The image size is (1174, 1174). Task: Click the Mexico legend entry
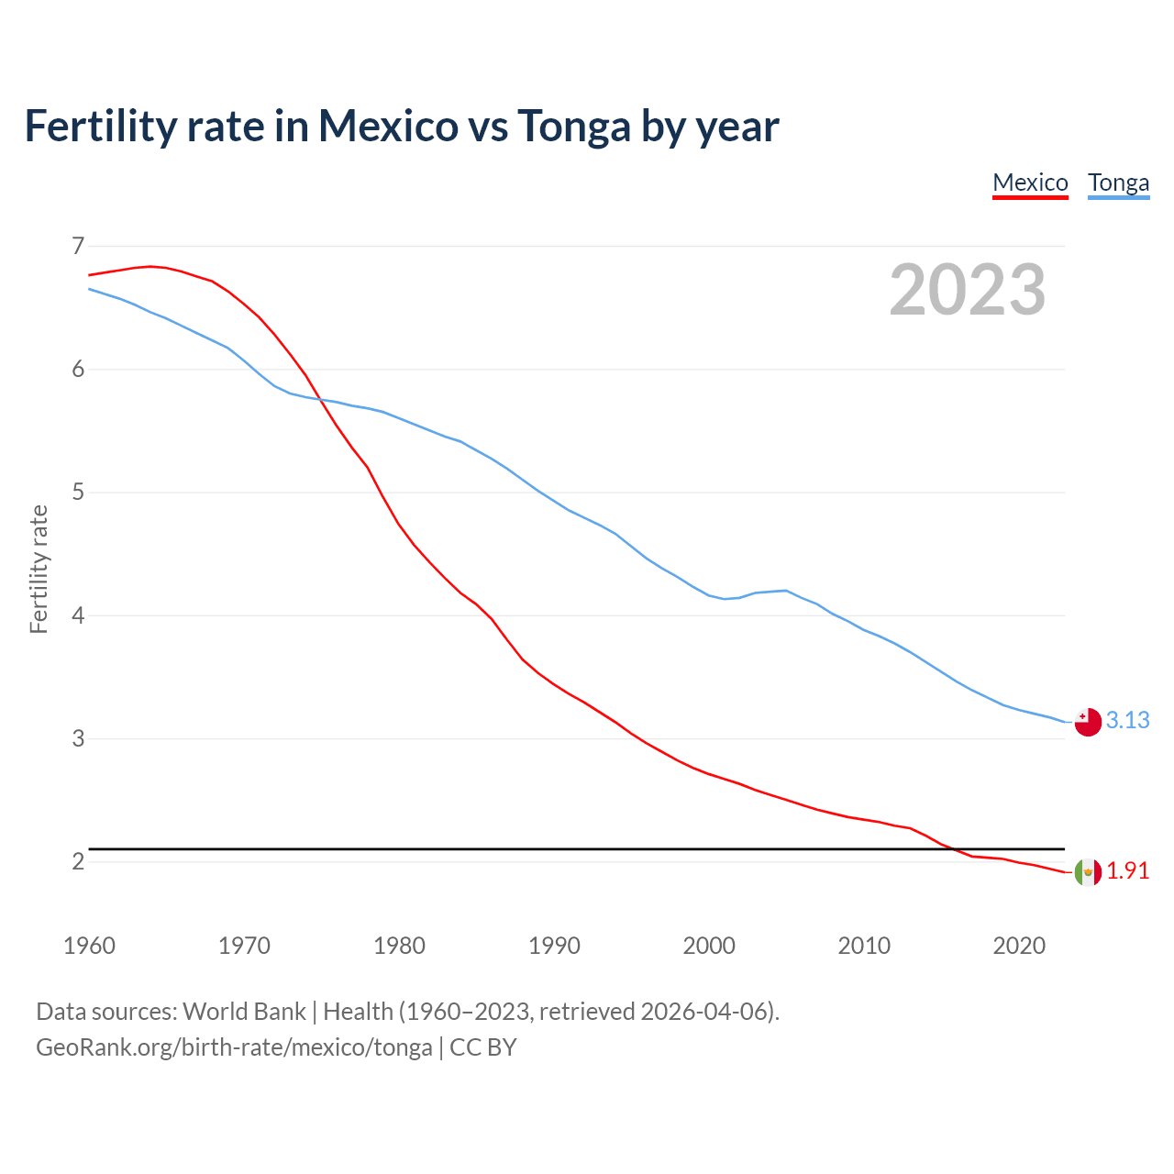point(1030,183)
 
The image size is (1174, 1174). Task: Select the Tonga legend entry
point(1118,183)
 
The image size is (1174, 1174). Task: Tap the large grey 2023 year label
point(967,290)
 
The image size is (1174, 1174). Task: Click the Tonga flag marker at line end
point(1087,722)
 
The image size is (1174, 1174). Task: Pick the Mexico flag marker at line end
point(1087,872)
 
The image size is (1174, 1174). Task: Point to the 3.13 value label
point(1127,721)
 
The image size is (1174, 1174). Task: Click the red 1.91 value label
point(1127,871)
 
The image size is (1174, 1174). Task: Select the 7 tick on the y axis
point(78,246)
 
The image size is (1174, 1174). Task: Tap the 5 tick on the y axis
point(78,493)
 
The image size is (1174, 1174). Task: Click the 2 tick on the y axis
point(78,861)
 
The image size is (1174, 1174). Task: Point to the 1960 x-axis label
point(89,946)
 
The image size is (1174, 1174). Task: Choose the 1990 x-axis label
point(554,946)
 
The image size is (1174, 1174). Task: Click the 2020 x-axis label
point(1019,946)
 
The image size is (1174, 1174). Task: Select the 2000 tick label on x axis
point(709,946)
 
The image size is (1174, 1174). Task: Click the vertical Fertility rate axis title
point(39,569)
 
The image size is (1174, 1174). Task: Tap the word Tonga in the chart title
point(573,127)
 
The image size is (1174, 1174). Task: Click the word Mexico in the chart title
point(388,127)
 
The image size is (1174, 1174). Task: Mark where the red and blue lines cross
point(320,399)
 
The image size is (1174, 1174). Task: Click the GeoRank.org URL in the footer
point(234,1047)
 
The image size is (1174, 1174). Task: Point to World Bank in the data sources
point(244,1012)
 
